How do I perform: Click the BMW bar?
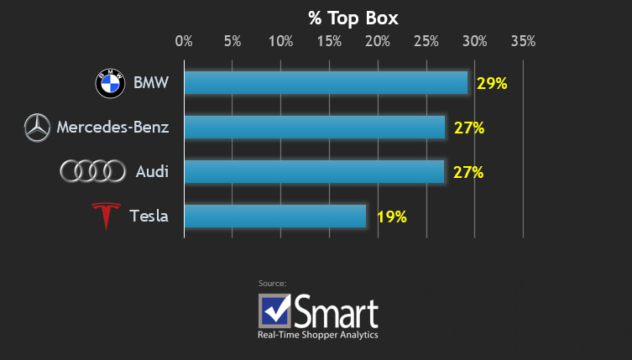click(326, 83)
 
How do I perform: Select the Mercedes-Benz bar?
click(314, 128)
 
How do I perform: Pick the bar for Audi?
click(314, 172)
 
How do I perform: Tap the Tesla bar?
click(275, 217)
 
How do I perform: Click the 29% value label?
click(492, 83)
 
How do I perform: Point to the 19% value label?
click(391, 217)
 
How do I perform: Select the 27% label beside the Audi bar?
click(468, 172)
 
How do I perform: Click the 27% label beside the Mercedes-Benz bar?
click(468, 128)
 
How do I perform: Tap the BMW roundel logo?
click(110, 83)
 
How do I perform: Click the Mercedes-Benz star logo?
click(36, 128)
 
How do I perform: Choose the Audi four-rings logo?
click(92, 172)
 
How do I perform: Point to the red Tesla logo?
click(105, 217)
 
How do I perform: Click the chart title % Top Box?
click(353, 17)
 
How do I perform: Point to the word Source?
click(273, 284)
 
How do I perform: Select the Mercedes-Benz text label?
click(112, 128)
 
